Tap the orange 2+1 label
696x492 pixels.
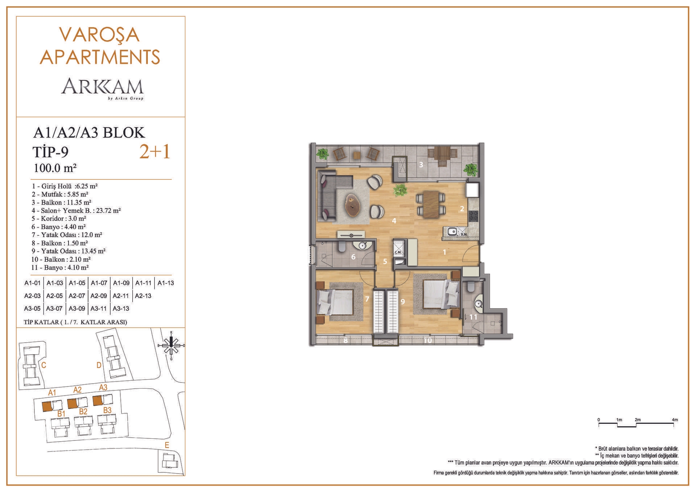click(155, 152)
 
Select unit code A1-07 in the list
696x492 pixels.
click(99, 283)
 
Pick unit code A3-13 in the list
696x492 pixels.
click(121, 309)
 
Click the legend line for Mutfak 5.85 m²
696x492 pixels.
click(60, 194)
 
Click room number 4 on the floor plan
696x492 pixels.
click(394, 220)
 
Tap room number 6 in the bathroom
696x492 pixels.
click(353, 257)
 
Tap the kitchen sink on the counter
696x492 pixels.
click(452, 231)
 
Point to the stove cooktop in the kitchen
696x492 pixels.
click(473, 216)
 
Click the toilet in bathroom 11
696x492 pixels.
click(471, 286)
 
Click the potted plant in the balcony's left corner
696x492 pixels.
click(322, 153)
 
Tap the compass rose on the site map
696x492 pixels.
click(171, 346)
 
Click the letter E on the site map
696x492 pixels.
click(167, 446)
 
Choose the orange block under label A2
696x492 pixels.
click(72, 404)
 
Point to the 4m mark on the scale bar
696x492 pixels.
click(675, 420)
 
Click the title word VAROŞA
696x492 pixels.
click(99, 34)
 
